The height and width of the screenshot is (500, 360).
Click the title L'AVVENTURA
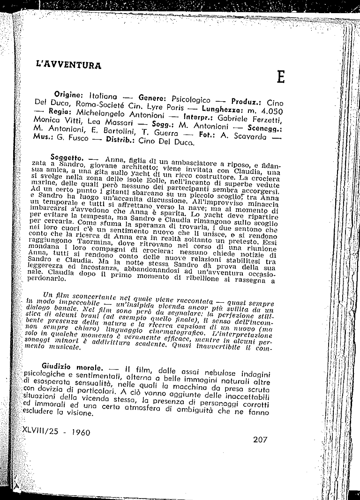(69, 65)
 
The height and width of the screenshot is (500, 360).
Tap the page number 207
(259, 440)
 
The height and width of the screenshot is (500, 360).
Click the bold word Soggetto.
(67, 155)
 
